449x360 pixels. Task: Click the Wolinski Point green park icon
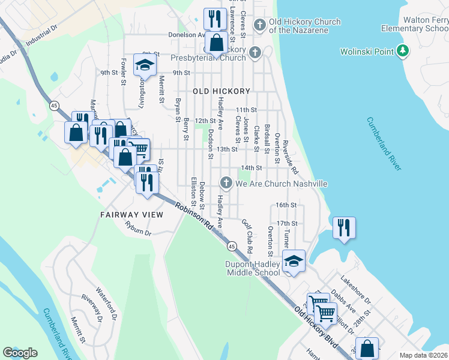pos(404,52)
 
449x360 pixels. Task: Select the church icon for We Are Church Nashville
pos(226,183)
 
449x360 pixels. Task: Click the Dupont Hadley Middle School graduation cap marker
pos(293,262)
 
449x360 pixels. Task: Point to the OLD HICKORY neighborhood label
pos(221,91)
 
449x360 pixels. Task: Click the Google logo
pos(20,353)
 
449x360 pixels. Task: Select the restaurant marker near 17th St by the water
pos(345,228)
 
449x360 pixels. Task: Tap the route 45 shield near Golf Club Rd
pos(231,246)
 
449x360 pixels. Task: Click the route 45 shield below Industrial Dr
pos(55,106)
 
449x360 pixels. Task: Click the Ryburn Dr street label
pos(138,228)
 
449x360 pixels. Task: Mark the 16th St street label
pos(286,205)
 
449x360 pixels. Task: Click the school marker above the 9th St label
pos(145,66)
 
